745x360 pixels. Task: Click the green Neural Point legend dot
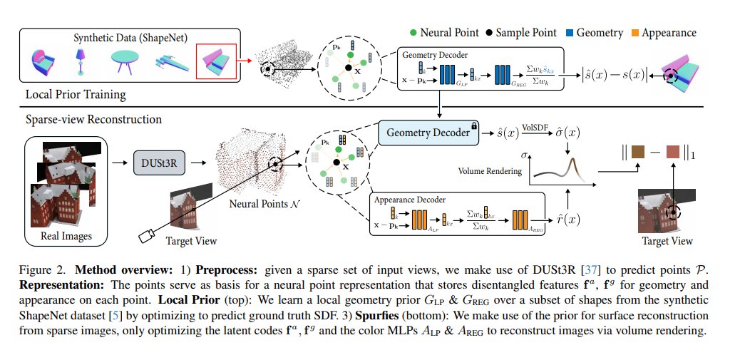click(413, 32)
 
